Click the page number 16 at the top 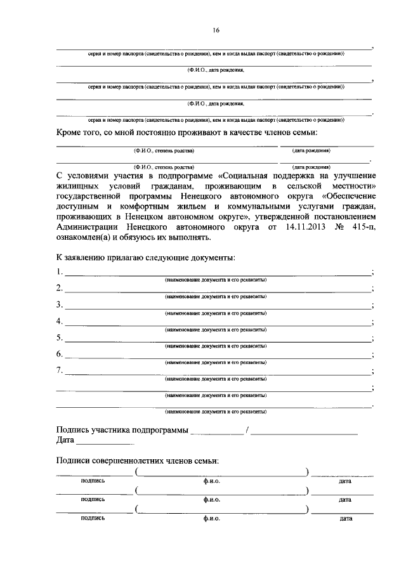216,30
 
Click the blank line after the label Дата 105,442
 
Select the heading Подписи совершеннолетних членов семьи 137,461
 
